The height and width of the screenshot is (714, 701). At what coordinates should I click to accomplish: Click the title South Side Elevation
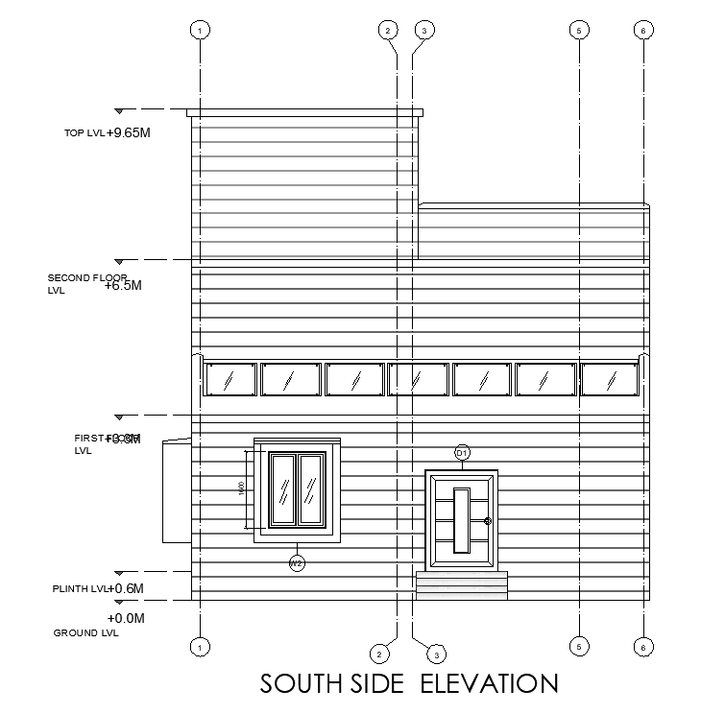tap(409, 683)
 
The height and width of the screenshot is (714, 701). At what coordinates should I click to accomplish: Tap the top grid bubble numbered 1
tap(200, 30)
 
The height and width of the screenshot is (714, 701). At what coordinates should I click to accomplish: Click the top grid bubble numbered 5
tap(579, 30)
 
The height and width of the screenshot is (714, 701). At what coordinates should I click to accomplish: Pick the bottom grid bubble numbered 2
tap(380, 654)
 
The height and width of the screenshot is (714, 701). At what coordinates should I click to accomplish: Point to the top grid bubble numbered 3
tap(423, 30)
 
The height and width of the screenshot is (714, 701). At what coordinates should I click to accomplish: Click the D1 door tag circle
tap(461, 452)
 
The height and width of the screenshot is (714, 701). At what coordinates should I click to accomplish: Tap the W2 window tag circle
tap(297, 563)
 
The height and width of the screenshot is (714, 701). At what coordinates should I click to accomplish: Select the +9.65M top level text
tap(129, 132)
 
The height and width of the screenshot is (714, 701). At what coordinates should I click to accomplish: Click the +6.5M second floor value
tap(124, 285)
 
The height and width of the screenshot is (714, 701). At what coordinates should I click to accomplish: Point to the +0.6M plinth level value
tap(125, 588)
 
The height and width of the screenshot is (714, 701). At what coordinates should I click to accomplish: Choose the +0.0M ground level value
tap(125, 619)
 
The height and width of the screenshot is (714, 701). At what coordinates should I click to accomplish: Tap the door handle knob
tap(488, 521)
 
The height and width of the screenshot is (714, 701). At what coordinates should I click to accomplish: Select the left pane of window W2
tap(283, 488)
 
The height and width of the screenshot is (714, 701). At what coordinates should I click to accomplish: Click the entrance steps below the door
tap(461, 585)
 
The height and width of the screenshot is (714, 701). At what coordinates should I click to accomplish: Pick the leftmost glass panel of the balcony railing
tap(230, 379)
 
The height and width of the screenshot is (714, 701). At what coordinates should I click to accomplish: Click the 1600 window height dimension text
tap(241, 488)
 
